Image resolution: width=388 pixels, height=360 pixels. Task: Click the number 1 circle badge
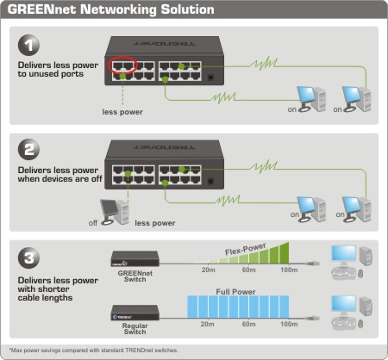click(28, 45)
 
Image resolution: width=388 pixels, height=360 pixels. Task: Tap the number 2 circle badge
click(28, 150)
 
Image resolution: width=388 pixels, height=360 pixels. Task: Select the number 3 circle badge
click(28, 258)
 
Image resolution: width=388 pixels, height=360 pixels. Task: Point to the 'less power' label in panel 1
click(122, 112)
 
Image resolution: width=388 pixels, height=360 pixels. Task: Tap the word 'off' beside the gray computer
click(93, 223)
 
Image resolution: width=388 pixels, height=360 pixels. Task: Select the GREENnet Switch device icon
click(135, 259)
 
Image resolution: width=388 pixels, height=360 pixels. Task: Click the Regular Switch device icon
click(135, 313)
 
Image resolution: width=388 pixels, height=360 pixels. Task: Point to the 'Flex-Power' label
click(245, 249)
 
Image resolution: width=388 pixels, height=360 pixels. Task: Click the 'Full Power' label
click(235, 292)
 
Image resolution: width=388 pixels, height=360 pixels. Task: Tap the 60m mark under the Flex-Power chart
click(248, 270)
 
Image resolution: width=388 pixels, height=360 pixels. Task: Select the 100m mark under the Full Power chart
click(289, 324)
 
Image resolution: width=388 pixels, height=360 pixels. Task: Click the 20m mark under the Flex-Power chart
click(208, 270)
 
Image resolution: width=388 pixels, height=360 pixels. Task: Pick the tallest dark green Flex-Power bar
click(285, 253)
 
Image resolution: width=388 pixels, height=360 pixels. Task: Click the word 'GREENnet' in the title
click(41, 9)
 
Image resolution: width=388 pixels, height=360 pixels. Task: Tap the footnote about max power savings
click(94, 351)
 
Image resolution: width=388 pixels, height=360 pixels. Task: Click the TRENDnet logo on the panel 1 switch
click(165, 44)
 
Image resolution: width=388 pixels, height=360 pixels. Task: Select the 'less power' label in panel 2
click(155, 223)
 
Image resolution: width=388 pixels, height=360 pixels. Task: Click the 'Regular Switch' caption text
click(135, 329)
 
